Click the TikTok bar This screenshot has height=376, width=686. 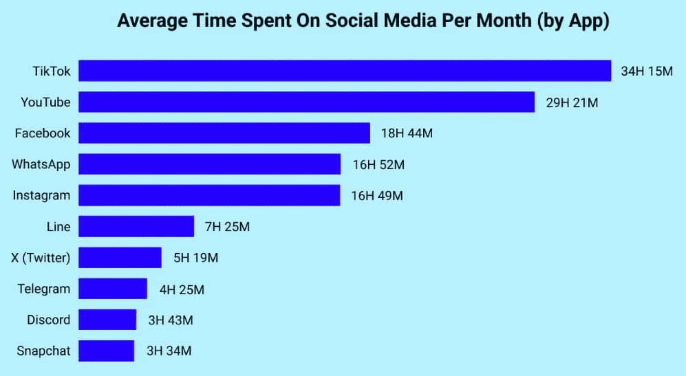point(345,71)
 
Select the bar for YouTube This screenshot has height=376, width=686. point(306,102)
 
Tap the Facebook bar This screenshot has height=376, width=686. point(224,133)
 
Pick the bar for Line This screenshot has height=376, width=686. point(136,226)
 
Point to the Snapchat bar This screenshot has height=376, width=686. point(107,351)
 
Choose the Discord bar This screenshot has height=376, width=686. point(107,320)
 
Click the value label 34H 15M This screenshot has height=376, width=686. point(646,71)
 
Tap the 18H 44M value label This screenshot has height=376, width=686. point(407,133)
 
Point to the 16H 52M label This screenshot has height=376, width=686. point(378,164)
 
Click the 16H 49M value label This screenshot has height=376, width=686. point(377,195)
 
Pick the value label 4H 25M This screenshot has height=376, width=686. point(182,289)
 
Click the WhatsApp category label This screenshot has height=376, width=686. point(41,164)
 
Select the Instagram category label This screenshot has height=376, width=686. point(41,195)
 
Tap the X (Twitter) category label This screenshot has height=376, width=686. point(41,258)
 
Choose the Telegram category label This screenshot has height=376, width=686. point(44,289)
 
